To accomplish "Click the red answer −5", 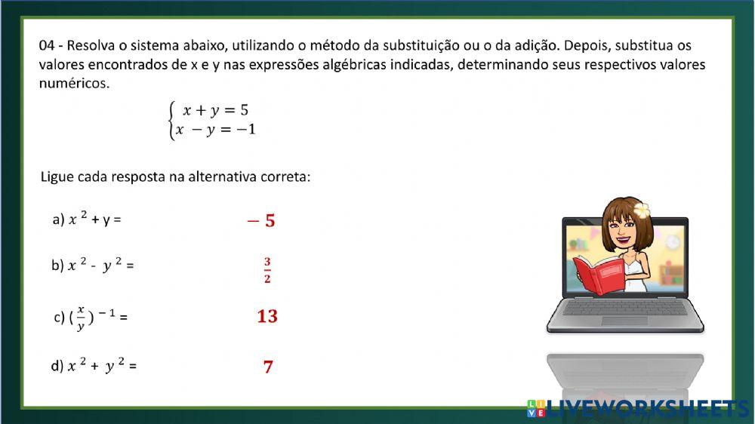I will (x=261, y=221).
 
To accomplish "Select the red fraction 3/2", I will (x=267, y=271).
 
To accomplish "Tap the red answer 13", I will (x=267, y=316).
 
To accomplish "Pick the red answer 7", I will (x=268, y=367).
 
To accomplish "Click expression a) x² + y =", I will (x=87, y=220).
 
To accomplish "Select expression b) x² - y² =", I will (x=92, y=266).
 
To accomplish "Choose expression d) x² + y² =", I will (x=94, y=367).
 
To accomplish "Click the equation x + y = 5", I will (x=215, y=111).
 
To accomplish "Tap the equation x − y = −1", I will (x=215, y=130).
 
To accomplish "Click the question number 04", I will (x=47, y=46).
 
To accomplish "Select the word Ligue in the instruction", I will (x=57, y=177).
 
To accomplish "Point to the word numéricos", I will (x=74, y=83).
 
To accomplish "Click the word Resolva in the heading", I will (x=94, y=46).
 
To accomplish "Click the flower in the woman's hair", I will (x=643, y=208).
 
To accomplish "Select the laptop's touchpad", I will (x=624, y=320).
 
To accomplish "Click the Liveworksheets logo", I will (x=638, y=408).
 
